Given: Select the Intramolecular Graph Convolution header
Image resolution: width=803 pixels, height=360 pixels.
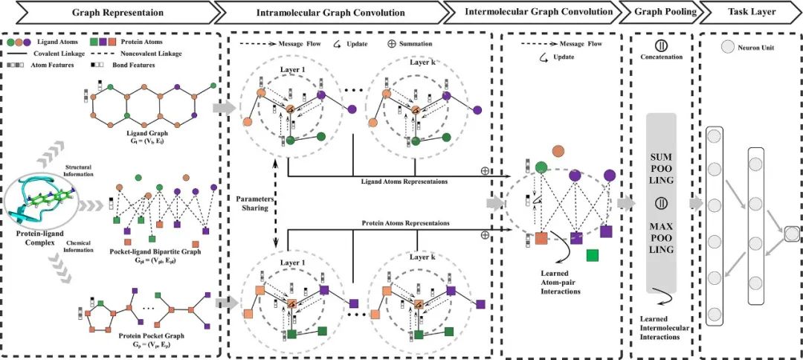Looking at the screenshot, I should point(331,13).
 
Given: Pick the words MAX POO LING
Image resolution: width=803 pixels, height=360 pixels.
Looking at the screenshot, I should point(662,236).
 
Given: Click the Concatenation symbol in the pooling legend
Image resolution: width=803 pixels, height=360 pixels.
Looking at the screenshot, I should point(662,44).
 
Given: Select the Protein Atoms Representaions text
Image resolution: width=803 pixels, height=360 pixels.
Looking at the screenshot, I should point(393,223).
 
